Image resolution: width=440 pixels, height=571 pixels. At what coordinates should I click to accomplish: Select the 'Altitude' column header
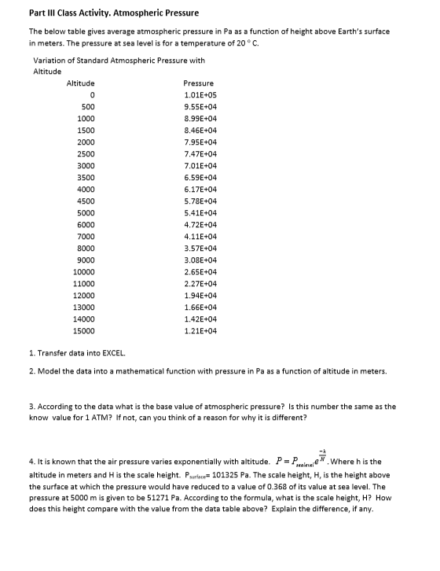coord(81,83)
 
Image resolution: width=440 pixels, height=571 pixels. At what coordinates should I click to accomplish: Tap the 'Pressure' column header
coord(198,83)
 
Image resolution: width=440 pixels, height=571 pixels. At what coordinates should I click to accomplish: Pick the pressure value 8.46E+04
coord(200,130)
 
